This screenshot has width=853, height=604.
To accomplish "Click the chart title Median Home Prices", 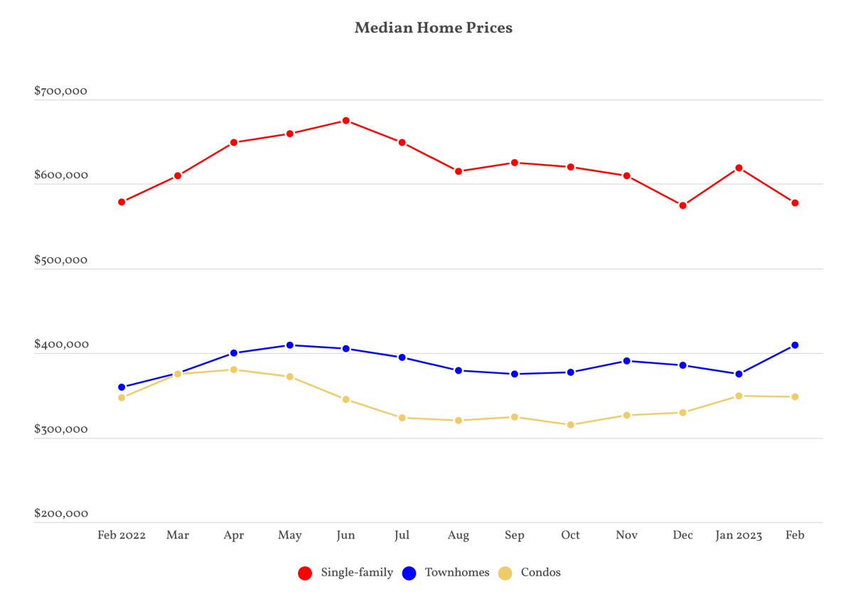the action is [434, 28].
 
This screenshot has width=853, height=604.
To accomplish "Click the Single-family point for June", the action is [345, 121].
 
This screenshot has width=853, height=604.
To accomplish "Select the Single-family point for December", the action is [683, 205].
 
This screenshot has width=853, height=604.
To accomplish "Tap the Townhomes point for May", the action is [290, 345].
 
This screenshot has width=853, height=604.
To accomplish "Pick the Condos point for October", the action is [570, 425].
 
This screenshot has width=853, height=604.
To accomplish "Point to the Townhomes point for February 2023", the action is [795, 345].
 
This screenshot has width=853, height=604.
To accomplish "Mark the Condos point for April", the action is [234, 370].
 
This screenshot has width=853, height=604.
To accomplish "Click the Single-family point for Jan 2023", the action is [739, 168].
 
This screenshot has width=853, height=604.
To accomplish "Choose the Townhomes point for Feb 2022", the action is [122, 387].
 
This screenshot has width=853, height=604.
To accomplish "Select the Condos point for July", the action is [402, 418].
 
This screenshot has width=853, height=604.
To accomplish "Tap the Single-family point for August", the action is [458, 171].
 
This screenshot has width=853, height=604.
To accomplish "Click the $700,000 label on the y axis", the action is [61, 91].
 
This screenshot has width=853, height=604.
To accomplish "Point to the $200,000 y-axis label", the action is [61, 514].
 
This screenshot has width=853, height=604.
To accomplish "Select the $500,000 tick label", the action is [61, 260].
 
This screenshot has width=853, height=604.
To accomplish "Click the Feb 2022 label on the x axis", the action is [122, 535].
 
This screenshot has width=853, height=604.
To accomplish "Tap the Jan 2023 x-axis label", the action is [739, 536].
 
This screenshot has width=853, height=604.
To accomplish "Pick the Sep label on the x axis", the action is [515, 536].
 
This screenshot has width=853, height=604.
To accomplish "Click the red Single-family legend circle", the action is [305, 573].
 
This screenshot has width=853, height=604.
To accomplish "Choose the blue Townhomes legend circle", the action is [409, 573].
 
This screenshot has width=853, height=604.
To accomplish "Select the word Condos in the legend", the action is [541, 573].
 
